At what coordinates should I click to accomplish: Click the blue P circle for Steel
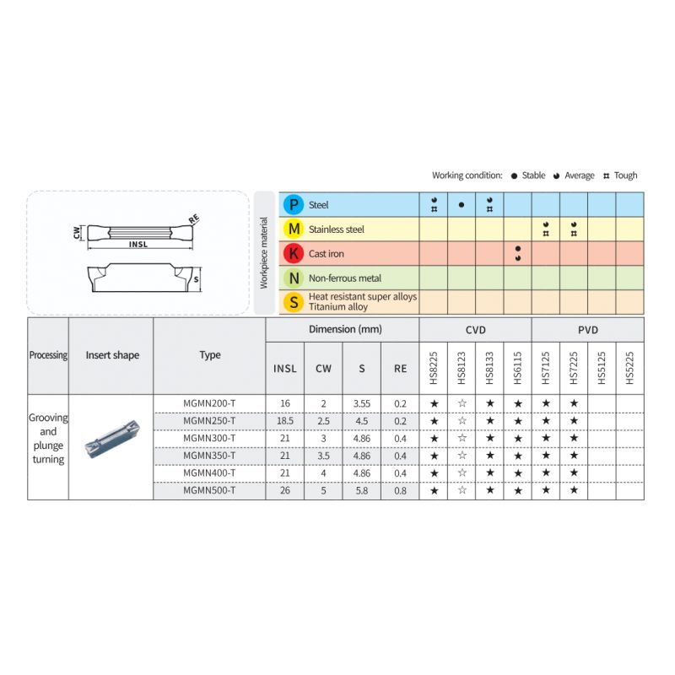294,205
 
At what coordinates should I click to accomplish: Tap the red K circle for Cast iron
294,254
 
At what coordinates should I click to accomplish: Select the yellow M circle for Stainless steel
294,229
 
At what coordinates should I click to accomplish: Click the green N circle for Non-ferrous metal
294,278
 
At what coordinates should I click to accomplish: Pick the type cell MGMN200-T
209,403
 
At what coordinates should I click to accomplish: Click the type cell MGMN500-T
209,490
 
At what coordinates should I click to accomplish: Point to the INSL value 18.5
285,421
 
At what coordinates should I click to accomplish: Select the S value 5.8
362,491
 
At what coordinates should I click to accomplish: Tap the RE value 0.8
400,491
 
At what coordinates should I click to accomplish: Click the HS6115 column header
517,368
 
